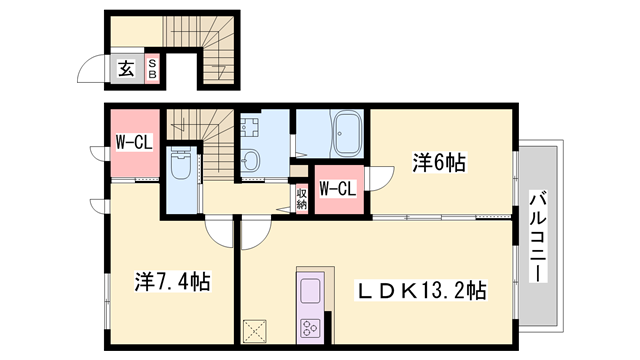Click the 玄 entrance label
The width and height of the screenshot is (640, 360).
(x=127, y=69)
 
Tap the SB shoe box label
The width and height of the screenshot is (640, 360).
(x=153, y=69)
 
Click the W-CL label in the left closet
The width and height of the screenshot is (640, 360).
(x=132, y=142)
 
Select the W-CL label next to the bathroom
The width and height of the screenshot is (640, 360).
(x=337, y=187)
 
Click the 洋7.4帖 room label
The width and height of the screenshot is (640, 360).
(x=173, y=282)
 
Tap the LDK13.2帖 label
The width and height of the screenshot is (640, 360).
(x=423, y=291)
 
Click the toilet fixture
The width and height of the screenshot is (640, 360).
(x=181, y=165)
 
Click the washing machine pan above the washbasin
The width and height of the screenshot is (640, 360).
(x=250, y=127)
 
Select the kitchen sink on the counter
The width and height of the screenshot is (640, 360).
(x=309, y=292)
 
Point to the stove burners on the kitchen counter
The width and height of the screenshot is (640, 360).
(x=309, y=327)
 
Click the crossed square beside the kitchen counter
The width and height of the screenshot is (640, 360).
(x=257, y=330)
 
